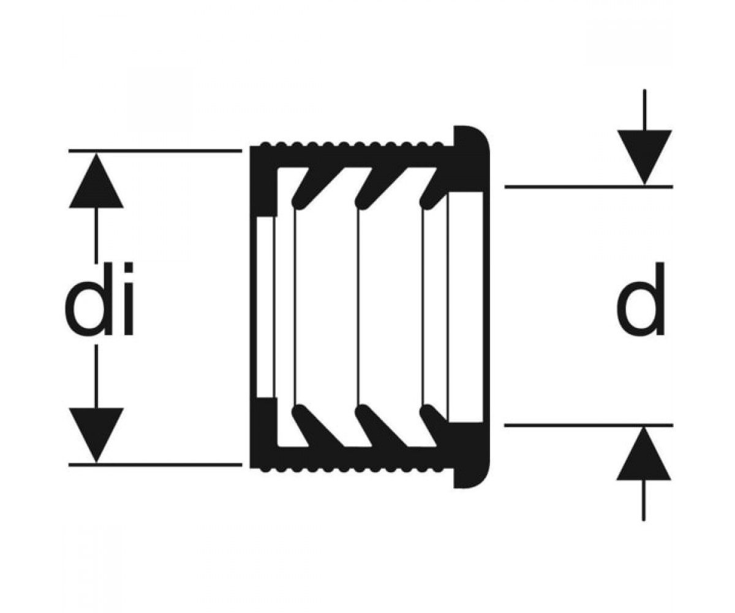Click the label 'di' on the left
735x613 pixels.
(x=99, y=299)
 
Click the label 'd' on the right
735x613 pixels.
(x=640, y=299)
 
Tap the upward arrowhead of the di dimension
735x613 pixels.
(x=96, y=180)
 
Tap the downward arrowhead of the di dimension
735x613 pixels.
(x=96, y=435)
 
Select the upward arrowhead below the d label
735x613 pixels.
(x=644, y=454)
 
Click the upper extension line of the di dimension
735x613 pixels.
(x=155, y=151)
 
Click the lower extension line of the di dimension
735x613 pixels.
(x=155, y=465)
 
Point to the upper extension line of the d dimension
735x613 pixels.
(x=589, y=187)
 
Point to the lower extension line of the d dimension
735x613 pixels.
(x=589, y=425)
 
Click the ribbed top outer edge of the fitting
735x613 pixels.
(x=351, y=145)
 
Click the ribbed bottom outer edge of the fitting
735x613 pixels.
(x=351, y=468)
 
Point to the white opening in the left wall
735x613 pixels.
(x=265, y=307)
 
